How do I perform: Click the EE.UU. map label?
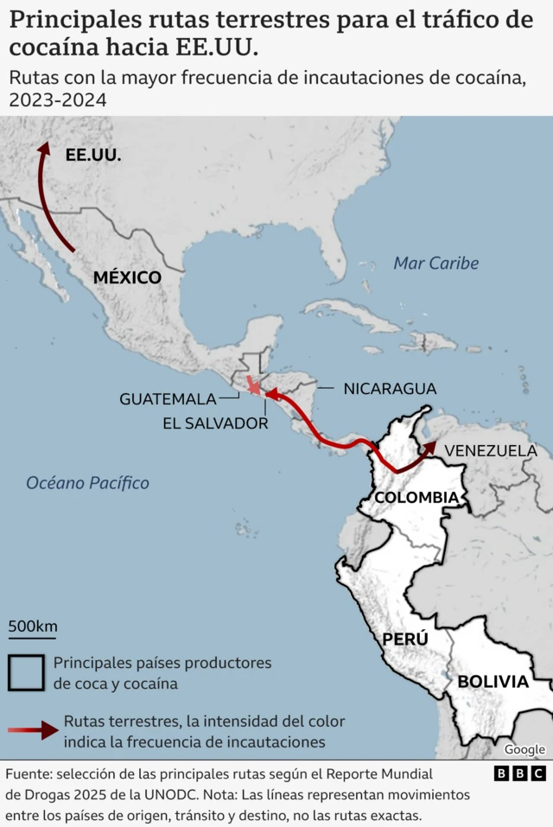click(x=93, y=156)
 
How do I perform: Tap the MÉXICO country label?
click(x=127, y=277)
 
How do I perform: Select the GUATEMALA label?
click(x=168, y=399)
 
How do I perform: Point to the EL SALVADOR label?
click(x=215, y=423)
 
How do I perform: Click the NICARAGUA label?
click(x=390, y=389)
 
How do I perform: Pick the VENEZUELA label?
click(x=490, y=450)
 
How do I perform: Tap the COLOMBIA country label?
click(x=416, y=498)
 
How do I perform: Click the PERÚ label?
click(x=405, y=639)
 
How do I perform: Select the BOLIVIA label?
click(x=493, y=681)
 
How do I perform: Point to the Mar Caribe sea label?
click(x=435, y=263)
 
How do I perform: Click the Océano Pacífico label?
click(x=87, y=483)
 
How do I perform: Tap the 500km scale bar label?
click(x=33, y=626)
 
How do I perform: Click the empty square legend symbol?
click(x=26, y=672)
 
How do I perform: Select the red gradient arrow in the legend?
click(x=34, y=731)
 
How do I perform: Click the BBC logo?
click(x=519, y=773)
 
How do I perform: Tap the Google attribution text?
click(x=524, y=749)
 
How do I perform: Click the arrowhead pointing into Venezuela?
click(x=429, y=447)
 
